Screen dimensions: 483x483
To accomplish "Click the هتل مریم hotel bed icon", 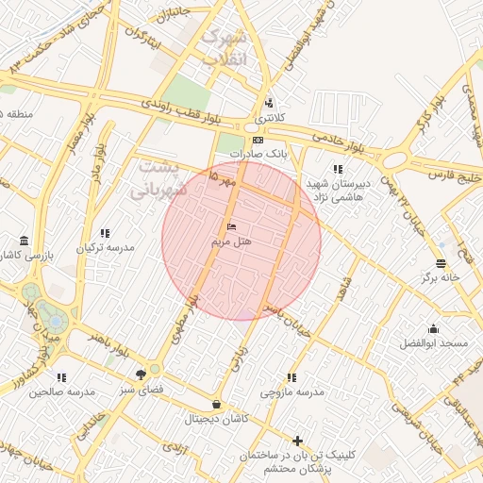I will click(232, 227).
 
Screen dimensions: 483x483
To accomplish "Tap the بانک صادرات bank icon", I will click(258, 140).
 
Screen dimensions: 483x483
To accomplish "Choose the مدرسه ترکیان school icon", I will click(105, 232).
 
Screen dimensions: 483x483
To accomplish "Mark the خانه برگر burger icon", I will click(441, 263).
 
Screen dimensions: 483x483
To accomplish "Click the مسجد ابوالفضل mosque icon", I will click(433, 329).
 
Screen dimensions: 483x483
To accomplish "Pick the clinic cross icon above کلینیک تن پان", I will click(298, 441).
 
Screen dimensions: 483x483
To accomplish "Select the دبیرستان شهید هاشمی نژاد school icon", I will click(338, 170).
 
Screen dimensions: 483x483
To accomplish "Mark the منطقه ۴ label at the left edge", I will click(20, 114).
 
